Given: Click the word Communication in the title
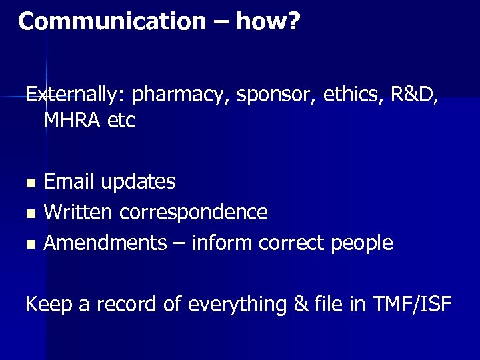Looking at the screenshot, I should click(x=112, y=21).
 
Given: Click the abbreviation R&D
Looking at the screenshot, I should click(x=413, y=95).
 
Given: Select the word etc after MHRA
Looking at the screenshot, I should click(x=120, y=121).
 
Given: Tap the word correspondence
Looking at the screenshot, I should click(x=193, y=213).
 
